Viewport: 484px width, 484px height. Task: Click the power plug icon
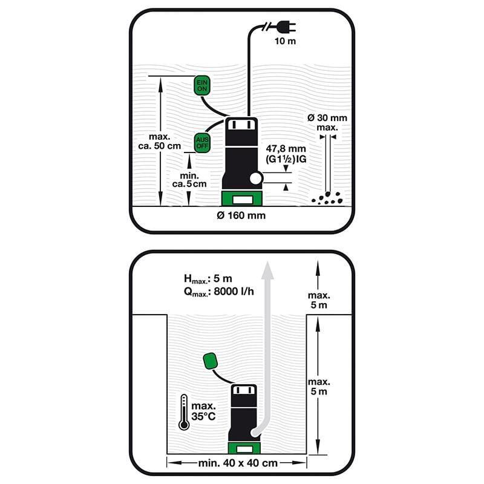[x=286, y=27]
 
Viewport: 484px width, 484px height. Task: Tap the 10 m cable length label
[x=285, y=41]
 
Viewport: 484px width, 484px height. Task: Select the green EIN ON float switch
[x=202, y=85]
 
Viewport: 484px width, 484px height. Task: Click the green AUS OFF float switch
[x=202, y=143]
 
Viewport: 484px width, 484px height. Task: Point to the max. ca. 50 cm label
[x=160, y=141]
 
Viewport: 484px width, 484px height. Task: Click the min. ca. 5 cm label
[x=189, y=180]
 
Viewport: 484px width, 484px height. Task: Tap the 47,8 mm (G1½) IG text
[x=286, y=154]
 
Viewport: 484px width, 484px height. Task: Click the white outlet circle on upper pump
[x=256, y=178]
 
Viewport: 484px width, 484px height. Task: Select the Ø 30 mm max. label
[x=327, y=123]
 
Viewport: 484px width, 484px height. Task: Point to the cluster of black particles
[x=327, y=198]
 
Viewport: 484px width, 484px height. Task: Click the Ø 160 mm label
[x=241, y=215]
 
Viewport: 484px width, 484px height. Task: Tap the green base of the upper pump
[x=242, y=198]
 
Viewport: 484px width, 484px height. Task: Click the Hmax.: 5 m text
[x=208, y=279]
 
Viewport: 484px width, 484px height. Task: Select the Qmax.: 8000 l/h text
[x=218, y=292]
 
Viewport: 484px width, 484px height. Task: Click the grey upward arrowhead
[x=267, y=270]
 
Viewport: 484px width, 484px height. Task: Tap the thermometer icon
[x=184, y=412]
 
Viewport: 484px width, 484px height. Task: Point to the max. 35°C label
[x=203, y=411]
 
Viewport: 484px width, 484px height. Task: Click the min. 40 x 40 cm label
[x=238, y=463]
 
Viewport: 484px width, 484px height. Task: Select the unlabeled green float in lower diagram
[x=211, y=361]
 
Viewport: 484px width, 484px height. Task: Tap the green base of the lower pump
[x=244, y=448]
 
